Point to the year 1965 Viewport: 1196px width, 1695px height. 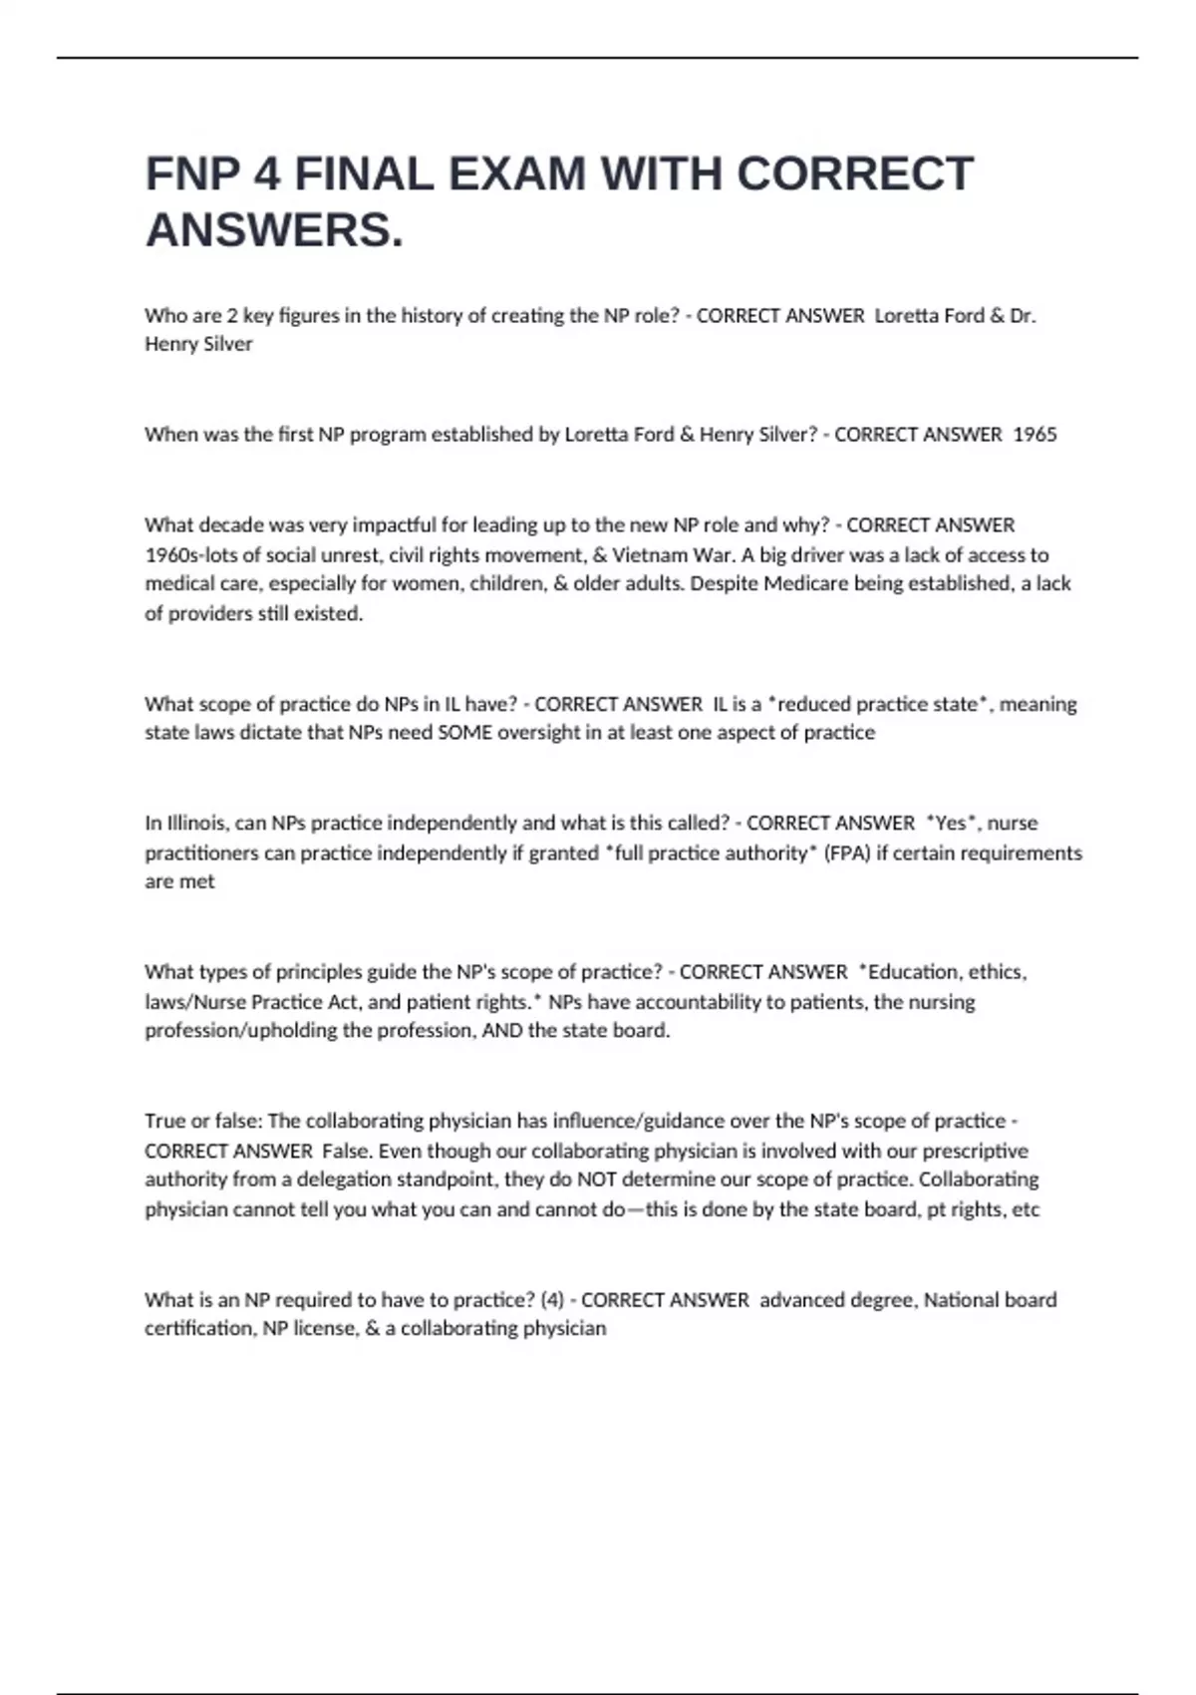click(x=1035, y=435)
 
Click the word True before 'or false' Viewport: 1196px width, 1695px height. click(x=164, y=1122)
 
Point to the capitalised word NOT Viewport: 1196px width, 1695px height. click(x=597, y=1180)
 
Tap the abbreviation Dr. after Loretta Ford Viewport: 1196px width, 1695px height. click(x=1023, y=316)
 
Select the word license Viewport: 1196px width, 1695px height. click(x=324, y=1329)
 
